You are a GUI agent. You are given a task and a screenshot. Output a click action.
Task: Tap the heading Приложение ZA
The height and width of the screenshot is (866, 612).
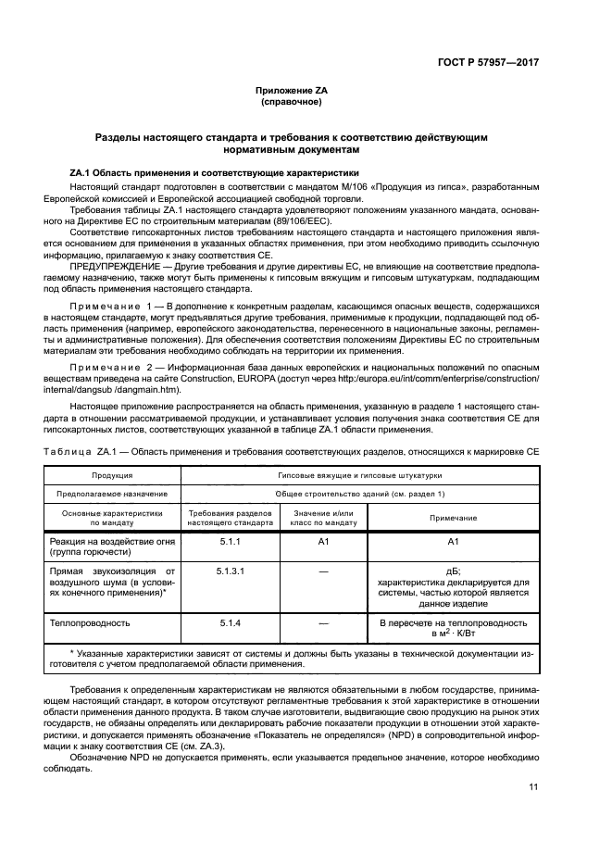tap(292, 90)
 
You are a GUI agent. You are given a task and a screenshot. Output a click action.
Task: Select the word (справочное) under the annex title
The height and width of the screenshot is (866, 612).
tap(292, 101)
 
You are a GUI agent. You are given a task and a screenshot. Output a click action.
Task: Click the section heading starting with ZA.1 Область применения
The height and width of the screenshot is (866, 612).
tap(213, 173)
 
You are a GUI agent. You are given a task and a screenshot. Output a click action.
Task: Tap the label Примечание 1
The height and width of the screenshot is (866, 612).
tap(116, 305)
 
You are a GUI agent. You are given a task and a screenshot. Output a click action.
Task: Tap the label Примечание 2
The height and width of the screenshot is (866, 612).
tap(116, 368)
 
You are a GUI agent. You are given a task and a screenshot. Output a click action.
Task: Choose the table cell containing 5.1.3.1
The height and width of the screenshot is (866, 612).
tap(229, 571)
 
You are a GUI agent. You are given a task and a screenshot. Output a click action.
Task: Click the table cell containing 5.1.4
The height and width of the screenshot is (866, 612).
tap(229, 623)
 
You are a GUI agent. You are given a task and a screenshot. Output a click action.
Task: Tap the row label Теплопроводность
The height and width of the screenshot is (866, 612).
tap(91, 623)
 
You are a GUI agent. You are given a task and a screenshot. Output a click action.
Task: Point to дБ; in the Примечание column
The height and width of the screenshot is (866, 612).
tap(453, 571)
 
